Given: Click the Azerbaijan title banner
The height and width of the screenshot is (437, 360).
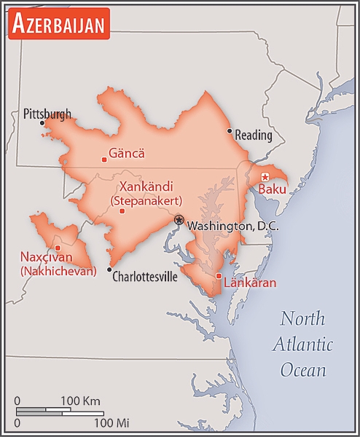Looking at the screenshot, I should coord(59,23).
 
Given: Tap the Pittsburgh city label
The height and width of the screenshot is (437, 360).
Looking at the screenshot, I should coord(47,114).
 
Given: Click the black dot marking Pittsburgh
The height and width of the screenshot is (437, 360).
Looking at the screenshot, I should coord(42,123).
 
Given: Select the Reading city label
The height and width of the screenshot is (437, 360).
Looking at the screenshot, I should coord(254,135).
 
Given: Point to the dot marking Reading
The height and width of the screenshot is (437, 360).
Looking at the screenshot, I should coord(230,132).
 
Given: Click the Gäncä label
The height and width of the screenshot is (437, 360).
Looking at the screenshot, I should coord(127,154).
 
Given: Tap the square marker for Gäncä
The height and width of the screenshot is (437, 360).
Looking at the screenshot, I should coord(104,159).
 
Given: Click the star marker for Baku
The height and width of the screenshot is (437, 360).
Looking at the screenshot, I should coord(265,177).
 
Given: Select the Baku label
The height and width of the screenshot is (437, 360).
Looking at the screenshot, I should coord(273,189).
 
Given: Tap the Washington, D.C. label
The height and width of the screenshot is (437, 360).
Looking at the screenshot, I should coord(232,227).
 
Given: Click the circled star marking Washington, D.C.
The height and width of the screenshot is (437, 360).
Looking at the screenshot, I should coord(179,219).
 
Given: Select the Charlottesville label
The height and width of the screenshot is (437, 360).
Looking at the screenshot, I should coord(144,277).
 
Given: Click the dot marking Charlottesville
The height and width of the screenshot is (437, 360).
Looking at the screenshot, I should coord(109,269).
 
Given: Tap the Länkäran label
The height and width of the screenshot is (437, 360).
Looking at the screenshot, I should coord(250,283).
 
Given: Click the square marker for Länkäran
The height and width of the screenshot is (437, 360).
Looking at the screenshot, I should coord(219,275).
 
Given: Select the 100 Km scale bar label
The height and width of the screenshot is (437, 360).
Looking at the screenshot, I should coord(80,401).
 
